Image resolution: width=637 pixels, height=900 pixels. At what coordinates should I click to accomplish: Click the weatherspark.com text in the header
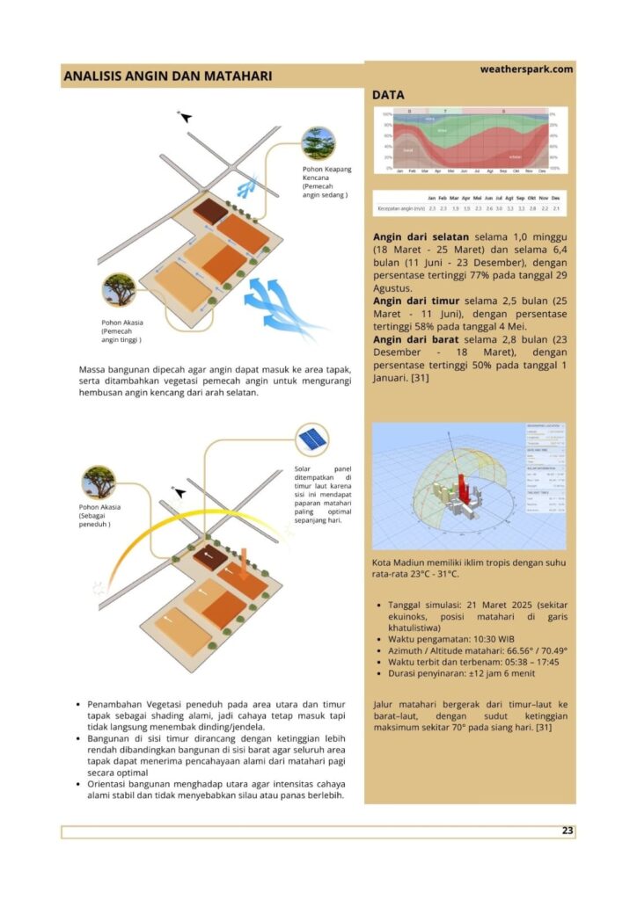click(526, 69)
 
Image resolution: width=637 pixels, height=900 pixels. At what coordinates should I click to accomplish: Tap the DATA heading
click(388, 94)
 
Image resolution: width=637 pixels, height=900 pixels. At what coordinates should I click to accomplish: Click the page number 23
click(567, 831)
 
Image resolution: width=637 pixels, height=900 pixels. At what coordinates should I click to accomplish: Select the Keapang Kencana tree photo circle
click(317, 143)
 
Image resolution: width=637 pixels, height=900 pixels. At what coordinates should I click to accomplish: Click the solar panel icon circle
click(312, 437)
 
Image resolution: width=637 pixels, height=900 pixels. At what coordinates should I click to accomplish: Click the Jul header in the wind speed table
click(500, 199)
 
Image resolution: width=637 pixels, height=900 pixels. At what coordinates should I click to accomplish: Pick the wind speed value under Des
click(555, 209)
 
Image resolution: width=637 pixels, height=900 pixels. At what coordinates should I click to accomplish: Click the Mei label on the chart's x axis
click(450, 171)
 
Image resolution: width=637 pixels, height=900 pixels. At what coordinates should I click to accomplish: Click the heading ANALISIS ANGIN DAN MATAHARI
click(167, 76)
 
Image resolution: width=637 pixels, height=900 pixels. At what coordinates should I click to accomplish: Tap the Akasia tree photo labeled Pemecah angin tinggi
click(119, 289)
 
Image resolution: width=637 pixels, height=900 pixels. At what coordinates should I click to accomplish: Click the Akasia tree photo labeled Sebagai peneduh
click(99, 482)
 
